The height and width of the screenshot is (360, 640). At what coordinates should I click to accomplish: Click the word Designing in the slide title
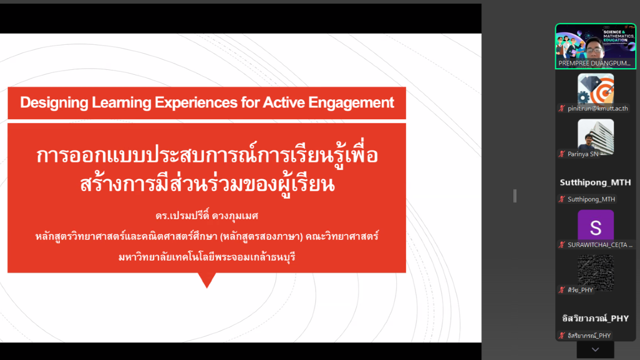(54, 103)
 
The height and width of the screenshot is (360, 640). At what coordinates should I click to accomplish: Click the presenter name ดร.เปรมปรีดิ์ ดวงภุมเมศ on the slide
(207, 215)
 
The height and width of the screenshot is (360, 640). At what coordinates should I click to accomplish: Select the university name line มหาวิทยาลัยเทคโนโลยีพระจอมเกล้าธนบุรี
(207, 257)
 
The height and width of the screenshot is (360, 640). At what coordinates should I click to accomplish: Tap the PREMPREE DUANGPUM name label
(594, 63)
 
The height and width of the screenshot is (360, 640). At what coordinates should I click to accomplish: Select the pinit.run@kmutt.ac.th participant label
(598, 109)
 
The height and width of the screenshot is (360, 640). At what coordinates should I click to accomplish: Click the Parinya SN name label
(583, 154)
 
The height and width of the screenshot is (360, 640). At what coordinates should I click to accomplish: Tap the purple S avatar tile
(596, 226)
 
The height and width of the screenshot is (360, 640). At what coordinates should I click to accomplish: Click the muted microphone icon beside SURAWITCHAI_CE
(562, 245)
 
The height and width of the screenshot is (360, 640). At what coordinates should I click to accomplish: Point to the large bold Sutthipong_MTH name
(595, 182)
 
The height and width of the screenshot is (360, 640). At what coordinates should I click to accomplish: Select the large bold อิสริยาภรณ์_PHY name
(595, 318)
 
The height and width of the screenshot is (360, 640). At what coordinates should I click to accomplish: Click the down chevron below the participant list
(595, 349)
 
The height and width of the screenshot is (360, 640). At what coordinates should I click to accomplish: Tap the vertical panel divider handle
(515, 196)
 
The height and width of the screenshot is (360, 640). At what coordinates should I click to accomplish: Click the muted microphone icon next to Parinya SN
(562, 154)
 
